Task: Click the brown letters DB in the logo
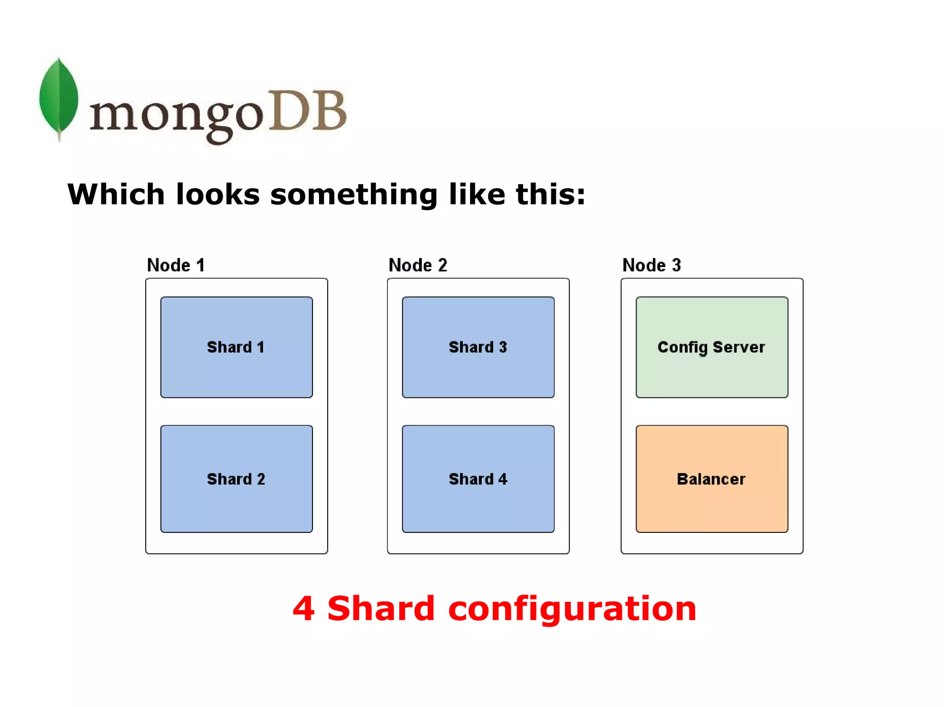coord(307,111)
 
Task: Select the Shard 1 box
coord(236,347)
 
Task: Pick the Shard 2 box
coord(236,479)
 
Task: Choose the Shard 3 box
coord(478,347)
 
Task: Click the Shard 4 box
coord(478,479)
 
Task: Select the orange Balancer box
coord(712,479)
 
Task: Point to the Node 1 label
coord(176,265)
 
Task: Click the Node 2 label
coord(418,265)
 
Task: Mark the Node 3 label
coord(651,265)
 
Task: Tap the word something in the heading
coord(354,195)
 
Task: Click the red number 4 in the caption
coord(304,609)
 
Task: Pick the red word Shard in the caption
coord(381,608)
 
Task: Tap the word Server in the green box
coord(738,347)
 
